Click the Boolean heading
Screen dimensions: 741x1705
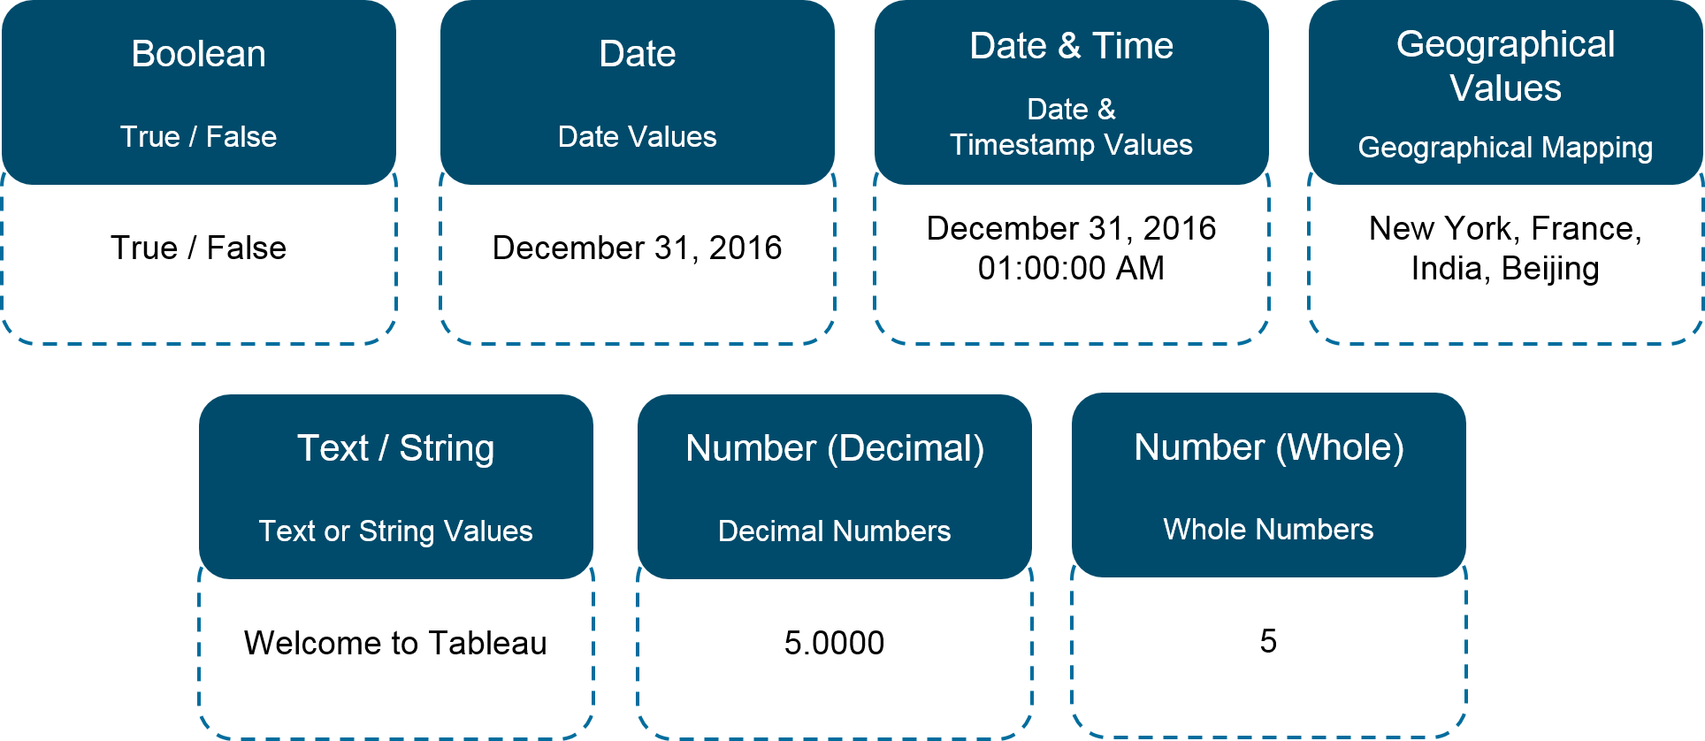click(198, 54)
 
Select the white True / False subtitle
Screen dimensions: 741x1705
click(198, 137)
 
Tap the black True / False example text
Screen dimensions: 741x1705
click(198, 248)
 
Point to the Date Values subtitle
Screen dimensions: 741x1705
click(637, 137)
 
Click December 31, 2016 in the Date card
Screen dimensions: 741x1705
click(637, 248)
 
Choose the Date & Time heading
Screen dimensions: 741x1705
click(1071, 46)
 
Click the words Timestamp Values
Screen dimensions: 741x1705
click(1071, 145)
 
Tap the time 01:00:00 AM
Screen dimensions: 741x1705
click(1071, 268)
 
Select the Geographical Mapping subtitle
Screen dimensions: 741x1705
click(1505, 148)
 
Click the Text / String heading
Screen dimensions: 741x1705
click(395, 448)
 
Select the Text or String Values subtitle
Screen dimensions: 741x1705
click(395, 531)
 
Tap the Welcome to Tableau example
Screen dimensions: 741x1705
click(395, 643)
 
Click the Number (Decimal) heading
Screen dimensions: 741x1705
click(835, 448)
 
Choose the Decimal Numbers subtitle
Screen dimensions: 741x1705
click(835, 531)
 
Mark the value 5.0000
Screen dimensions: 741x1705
click(834, 643)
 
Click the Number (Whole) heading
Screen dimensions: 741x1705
click(1269, 447)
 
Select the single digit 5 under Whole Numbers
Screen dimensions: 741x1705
click(1268, 641)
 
